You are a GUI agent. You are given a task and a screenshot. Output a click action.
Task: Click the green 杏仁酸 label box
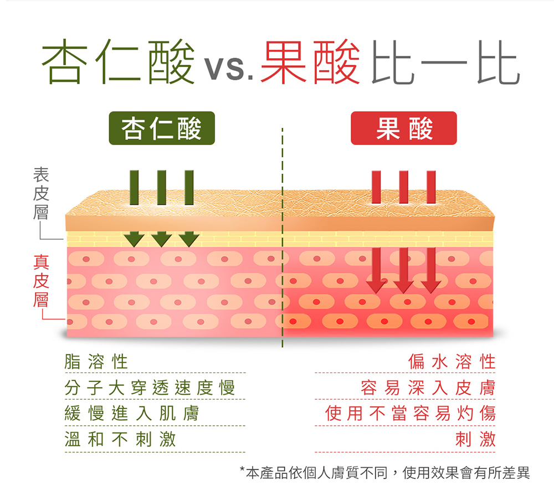point(162,128)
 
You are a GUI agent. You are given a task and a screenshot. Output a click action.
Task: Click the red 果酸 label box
point(403,128)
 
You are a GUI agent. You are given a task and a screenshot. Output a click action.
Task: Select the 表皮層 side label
point(41,194)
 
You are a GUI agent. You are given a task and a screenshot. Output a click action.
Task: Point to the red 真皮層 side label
point(41,281)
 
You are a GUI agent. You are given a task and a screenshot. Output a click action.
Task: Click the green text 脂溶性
point(96,362)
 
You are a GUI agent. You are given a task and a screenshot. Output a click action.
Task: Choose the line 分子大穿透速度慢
point(150,387)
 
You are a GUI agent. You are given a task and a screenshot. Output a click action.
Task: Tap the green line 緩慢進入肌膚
point(132,414)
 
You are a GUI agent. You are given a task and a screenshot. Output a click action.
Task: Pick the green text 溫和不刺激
point(120,440)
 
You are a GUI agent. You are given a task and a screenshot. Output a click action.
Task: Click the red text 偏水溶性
point(452,362)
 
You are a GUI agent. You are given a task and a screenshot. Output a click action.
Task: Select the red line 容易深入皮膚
point(428,387)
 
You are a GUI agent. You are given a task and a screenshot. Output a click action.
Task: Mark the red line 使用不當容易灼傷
point(410,414)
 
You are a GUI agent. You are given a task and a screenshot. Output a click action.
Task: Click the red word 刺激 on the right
point(475,440)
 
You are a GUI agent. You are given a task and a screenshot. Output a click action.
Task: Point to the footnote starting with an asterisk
point(384,473)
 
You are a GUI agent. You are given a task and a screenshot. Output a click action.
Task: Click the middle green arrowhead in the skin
point(161,239)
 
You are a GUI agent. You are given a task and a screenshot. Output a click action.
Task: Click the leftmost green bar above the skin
point(134,188)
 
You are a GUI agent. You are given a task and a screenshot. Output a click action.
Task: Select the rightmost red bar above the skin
point(431,187)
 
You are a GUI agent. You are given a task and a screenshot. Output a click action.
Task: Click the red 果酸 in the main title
point(310,62)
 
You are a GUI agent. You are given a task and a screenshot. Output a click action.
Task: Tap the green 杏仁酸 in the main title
point(119,61)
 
